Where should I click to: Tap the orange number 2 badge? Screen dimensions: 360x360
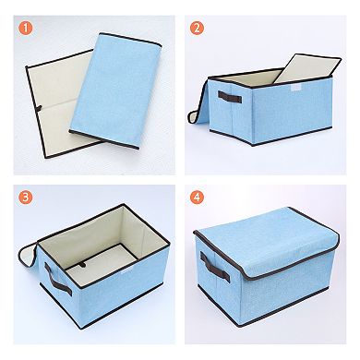pyautogui.click(x=198, y=27)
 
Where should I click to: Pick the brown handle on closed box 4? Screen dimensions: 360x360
pyautogui.click(x=217, y=264)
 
